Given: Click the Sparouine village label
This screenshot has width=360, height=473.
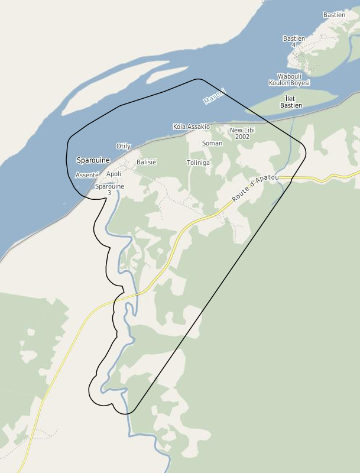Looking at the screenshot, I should pos(93,160).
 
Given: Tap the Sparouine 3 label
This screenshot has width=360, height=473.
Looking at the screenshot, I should pos(109,189).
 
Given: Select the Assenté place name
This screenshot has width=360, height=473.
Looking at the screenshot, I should pos(87,175).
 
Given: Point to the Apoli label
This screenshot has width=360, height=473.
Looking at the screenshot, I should pos(113,174).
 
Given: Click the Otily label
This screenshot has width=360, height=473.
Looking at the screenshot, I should pos(124,146).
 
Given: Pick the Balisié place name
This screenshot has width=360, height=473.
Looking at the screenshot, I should pos(146,162).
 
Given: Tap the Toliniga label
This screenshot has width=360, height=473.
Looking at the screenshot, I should pos(198,163).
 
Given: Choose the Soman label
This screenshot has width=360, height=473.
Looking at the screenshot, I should pos(212,143).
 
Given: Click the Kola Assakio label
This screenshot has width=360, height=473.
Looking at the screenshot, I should pos(191,127).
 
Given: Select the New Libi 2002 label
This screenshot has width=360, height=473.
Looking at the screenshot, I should pos(242,133).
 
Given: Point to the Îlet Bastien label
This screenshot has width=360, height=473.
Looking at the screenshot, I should pos(291,102).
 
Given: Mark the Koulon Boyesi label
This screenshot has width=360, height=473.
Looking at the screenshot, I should pos(289,83).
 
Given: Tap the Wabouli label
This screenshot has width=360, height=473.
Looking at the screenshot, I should pos(290,76).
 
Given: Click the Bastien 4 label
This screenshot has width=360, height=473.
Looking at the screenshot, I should pos(294,41).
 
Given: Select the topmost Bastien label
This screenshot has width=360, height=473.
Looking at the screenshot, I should pos(334,15).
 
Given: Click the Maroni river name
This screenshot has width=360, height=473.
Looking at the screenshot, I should pos(214,96).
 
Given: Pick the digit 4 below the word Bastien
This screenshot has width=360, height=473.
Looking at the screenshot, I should pos(294,46).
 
